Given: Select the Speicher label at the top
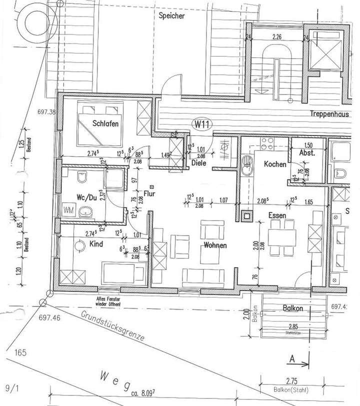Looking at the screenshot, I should [171, 16].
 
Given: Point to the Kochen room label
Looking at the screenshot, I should [275, 164].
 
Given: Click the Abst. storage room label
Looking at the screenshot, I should [306, 153].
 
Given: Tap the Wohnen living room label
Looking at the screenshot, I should [215, 245].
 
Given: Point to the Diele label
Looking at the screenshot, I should [199, 162].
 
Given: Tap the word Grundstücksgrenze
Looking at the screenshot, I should [112, 328].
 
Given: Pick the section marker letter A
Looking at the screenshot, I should [291, 358].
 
